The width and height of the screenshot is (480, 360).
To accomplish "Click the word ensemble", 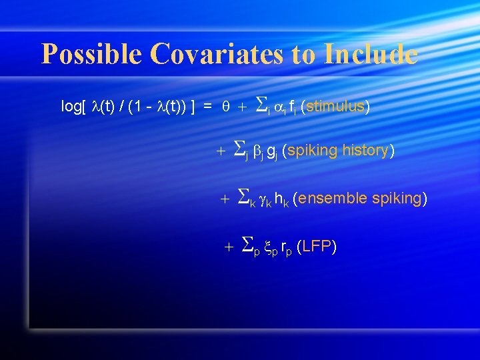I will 329,198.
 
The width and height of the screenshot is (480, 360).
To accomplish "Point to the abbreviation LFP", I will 317,247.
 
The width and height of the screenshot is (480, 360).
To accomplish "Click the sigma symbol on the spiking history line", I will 241,150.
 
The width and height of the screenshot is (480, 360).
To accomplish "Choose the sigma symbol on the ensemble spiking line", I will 243,197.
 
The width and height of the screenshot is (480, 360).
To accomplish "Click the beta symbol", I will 257,151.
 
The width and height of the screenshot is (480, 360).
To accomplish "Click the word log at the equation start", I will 70,107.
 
